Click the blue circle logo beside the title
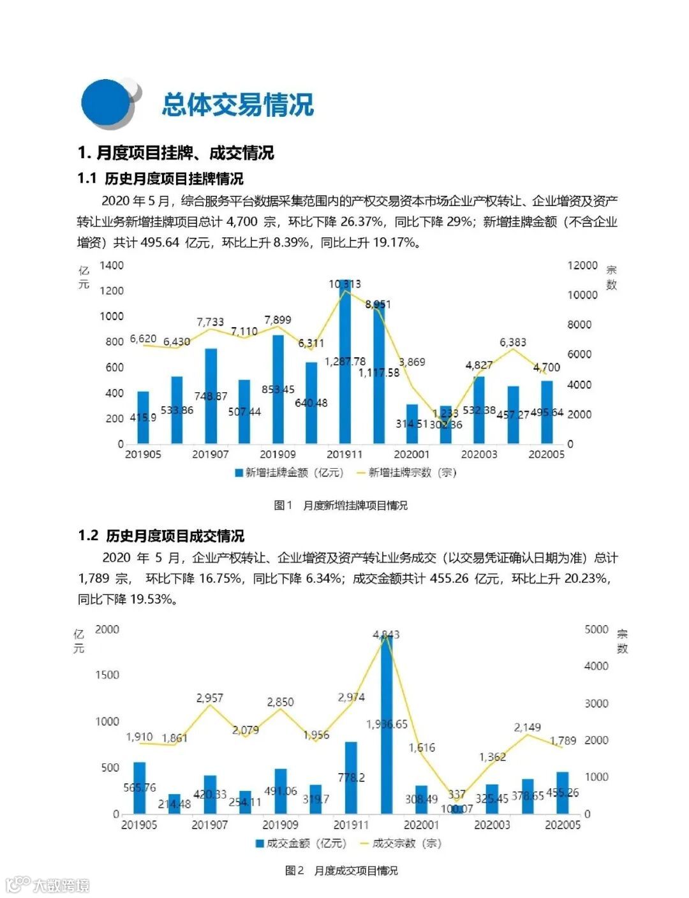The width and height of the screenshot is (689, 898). coord(106,103)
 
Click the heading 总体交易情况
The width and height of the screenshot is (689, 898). coord(237,105)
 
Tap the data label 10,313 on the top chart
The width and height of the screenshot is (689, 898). coord(344,284)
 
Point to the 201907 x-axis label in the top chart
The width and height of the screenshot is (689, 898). coord(210,455)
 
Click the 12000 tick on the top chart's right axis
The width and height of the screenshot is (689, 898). coord(582,265)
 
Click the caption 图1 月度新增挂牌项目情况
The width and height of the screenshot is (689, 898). coord(340,505)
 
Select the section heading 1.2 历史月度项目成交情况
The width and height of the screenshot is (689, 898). coord(161,536)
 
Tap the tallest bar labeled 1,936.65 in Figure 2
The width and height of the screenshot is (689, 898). coord(387,727)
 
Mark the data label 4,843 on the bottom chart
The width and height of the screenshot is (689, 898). coord(386,635)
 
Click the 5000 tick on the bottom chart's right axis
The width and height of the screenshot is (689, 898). coord(596,629)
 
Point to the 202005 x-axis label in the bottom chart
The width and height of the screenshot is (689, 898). coord(563,825)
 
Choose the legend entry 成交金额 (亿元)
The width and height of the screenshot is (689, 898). coord(300,843)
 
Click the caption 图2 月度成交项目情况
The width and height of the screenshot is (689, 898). coord(341,871)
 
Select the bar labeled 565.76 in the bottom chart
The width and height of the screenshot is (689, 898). coord(139,788)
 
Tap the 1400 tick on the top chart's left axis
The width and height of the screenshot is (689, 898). coord(112,265)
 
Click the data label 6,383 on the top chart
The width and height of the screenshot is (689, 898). coord(513,342)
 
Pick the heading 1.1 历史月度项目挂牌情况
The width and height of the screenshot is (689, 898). coord(160,179)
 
